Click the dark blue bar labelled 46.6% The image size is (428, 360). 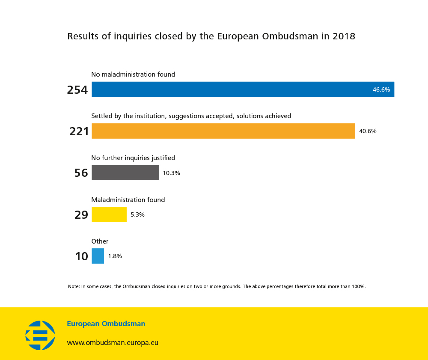pos(243,89)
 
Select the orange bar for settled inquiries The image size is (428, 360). pos(223,131)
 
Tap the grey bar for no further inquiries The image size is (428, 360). pos(125,173)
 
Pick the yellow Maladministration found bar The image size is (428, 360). pos(109,214)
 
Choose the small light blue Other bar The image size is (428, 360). pos(98,256)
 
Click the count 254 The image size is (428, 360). pos(77,90)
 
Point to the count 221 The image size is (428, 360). pos(79,131)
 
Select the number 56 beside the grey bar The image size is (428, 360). pos(81,173)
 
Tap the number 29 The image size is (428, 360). pos(81,214)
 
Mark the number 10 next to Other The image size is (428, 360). pos(81,256)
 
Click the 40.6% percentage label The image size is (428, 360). pos(368,131)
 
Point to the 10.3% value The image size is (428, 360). pos(171,173)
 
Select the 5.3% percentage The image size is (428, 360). pos(137,215)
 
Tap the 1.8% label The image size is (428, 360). pos(115,256)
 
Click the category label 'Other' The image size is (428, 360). pos(100,241)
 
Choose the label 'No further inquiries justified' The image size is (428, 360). pos(133,158)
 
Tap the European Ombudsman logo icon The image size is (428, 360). pos(40,335)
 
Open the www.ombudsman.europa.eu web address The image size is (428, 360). pos(113,343)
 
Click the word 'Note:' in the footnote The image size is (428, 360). pos(74,286)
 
